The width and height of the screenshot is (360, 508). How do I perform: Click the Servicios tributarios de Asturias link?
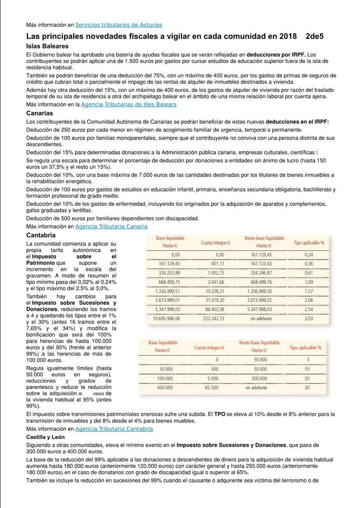click(x=118, y=25)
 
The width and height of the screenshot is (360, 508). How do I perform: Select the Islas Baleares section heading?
click(x=47, y=46)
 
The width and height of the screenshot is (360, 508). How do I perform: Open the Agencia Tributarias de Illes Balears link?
click(x=129, y=104)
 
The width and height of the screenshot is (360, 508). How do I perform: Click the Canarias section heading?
click(x=40, y=113)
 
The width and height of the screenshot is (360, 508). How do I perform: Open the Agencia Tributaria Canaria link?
click(x=111, y=226)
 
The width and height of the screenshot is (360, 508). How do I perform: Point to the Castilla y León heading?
click(x=47, y=436)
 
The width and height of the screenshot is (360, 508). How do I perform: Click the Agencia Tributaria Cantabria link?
click(x=114, y=429)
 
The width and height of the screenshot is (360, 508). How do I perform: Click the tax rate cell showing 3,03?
click(x=309, y=318)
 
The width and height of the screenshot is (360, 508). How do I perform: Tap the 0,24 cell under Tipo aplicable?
click(x=309, y=254)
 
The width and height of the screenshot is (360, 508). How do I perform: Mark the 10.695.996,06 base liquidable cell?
click(x=166, y=318)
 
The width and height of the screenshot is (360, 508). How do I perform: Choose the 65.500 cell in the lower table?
click(x=212, y=387)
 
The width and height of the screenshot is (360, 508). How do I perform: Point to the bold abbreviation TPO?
click(x=220, y=414)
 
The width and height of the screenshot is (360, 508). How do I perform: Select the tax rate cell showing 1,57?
click(x=309, y=291)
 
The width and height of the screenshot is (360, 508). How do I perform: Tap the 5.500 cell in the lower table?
click(x=213, y=378)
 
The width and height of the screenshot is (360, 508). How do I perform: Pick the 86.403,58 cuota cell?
click(x=215, y=309)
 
